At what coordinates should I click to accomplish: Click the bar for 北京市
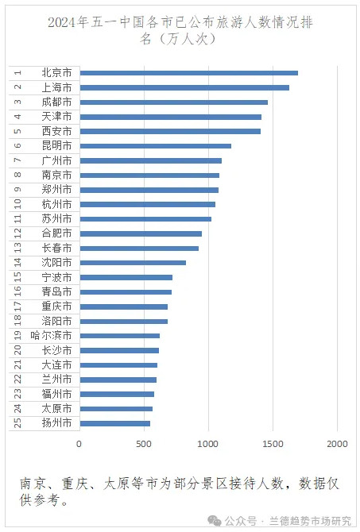189,73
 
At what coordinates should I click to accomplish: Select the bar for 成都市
174,102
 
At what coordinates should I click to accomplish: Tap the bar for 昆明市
156,146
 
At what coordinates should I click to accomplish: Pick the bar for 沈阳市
133,263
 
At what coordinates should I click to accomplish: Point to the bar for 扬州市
115,423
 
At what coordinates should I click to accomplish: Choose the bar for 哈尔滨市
120,336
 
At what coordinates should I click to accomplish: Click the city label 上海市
56,87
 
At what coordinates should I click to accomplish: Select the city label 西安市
56,131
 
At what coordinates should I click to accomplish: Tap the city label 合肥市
56,233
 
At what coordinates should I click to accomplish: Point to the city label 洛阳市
56,321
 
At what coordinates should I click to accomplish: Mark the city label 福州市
56,394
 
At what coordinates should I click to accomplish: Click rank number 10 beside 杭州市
17,204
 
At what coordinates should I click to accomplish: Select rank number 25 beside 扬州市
17,422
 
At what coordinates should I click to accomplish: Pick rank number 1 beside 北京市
17,72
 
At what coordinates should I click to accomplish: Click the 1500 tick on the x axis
273,444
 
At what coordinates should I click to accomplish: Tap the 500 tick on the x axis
144,444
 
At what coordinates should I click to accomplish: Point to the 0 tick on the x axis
79,444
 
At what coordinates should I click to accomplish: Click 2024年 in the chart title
68,23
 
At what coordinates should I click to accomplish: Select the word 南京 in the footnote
33,484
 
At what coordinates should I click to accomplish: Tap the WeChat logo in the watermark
215,520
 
